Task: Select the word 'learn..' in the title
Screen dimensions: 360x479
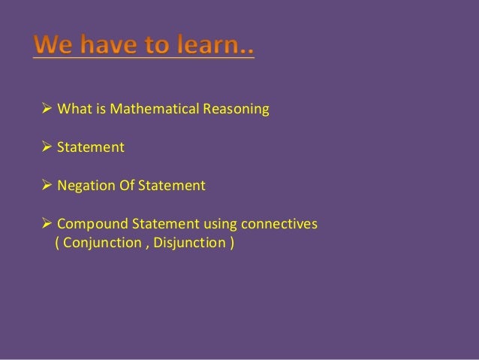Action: (x=217, y=47)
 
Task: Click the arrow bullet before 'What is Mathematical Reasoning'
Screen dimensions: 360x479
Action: (x=47, y=110)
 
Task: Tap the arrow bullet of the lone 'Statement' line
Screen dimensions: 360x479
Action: (x=47, y=147)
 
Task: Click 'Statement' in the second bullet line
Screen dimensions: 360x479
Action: (x=91, y=147)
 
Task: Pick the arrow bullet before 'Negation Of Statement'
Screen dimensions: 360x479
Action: (x=47, y=184)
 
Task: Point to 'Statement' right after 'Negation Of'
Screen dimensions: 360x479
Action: (x=170, y=184)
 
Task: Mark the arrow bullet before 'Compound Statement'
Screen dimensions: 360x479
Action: (x=47, y=224)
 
